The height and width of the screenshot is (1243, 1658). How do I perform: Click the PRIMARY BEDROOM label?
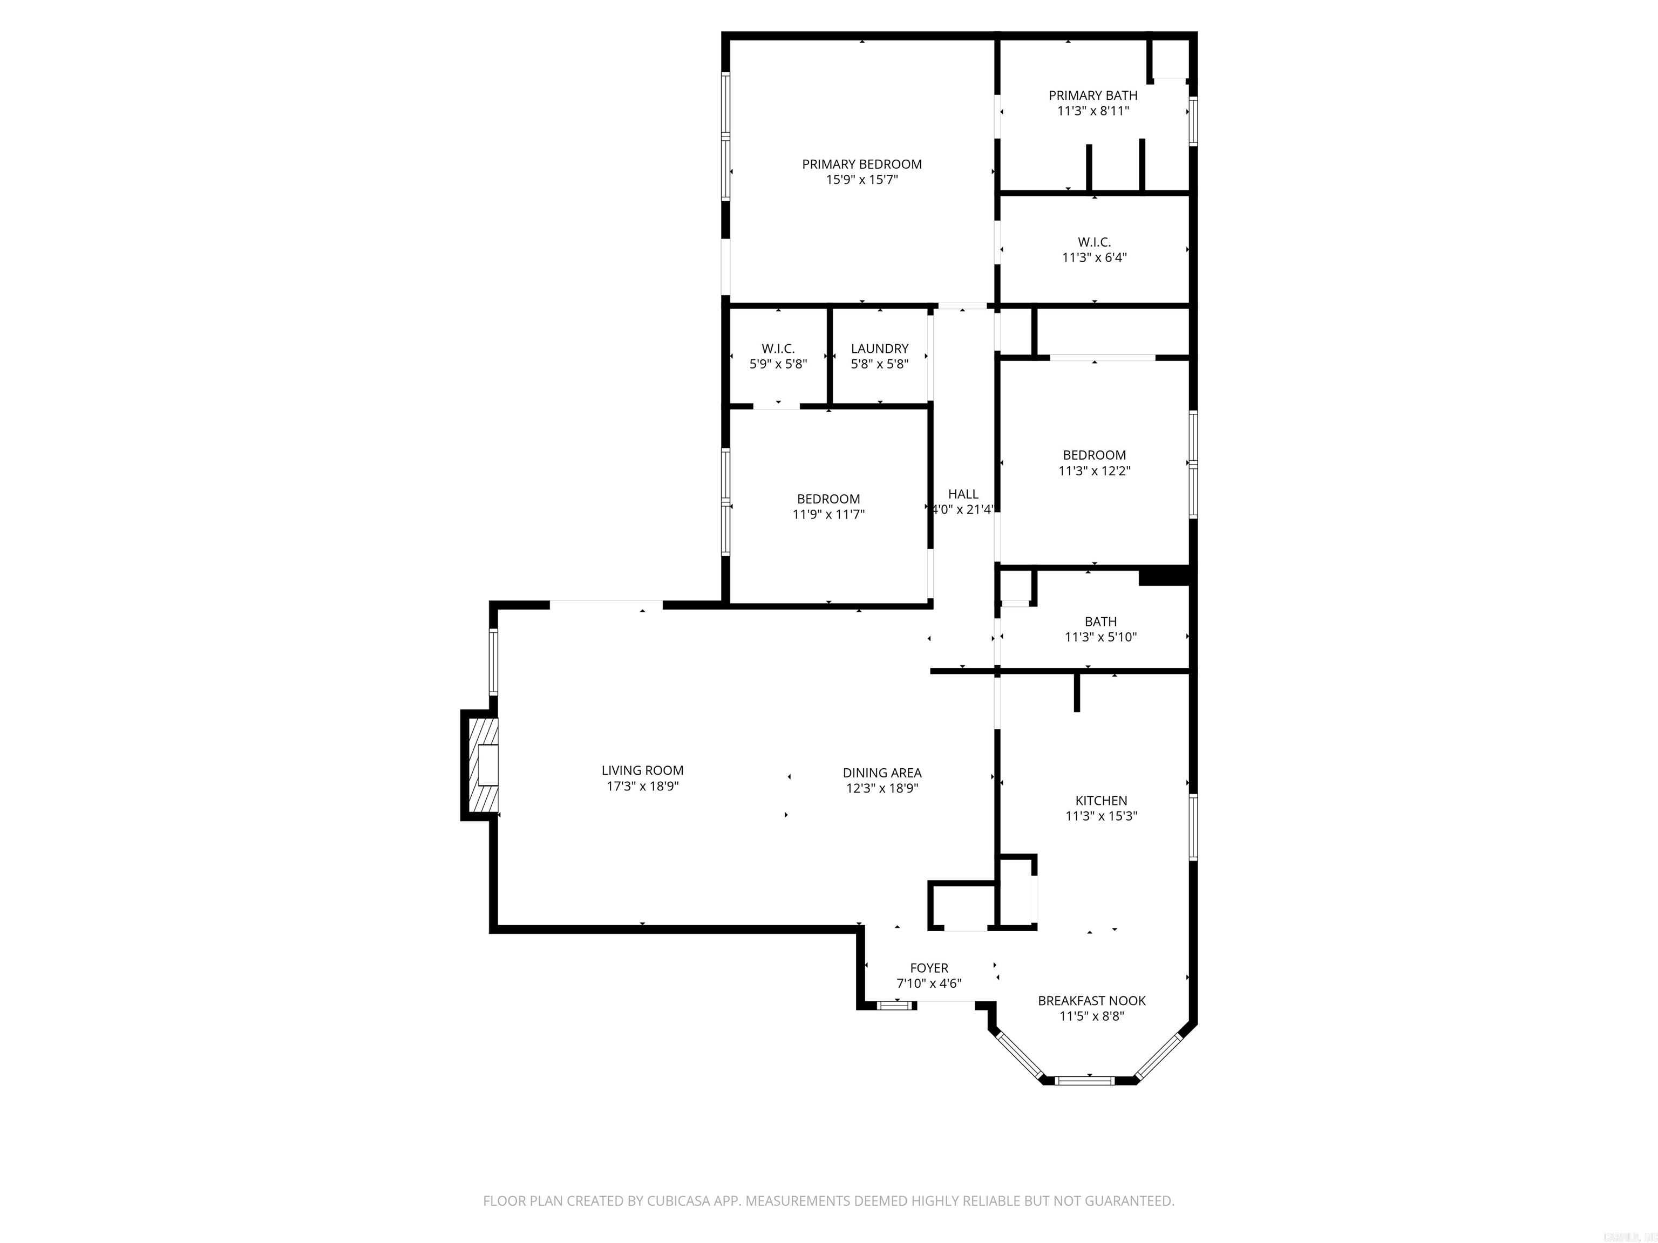point(861,164)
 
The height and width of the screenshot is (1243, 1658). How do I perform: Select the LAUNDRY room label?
point(879,349)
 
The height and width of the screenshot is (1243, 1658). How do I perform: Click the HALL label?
point(963,494)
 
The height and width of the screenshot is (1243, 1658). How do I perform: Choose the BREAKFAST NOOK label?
point(1091,1000)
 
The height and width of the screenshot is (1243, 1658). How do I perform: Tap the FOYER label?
point(929,967)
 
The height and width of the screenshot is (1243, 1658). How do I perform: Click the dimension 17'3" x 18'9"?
point(642,786)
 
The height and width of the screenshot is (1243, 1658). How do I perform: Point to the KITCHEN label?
point(1101,800)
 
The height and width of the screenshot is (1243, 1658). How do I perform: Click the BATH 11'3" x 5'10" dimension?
point(1100,637)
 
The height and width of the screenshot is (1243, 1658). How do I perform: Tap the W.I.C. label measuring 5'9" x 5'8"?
point(778,349)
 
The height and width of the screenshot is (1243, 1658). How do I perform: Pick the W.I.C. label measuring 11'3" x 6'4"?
point(1095,242)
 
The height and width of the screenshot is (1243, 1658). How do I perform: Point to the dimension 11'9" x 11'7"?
point(828,514)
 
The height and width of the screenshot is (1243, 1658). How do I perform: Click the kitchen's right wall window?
point(1193,827)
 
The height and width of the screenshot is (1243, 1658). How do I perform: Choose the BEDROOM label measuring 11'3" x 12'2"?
point(1095,455)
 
